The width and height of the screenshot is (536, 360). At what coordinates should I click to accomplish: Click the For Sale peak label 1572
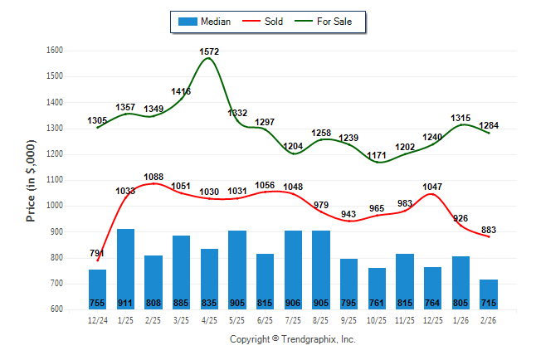point(210,52)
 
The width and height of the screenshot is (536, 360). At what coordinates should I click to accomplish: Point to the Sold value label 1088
point(153,177)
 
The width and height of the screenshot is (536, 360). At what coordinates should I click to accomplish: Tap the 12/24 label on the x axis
point(97,319)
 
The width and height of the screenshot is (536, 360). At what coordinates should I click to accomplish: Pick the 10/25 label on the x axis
point(377,319)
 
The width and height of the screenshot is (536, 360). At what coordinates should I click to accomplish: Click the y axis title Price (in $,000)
point(32,179)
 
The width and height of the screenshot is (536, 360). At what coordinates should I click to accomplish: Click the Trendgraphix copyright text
point(292,340)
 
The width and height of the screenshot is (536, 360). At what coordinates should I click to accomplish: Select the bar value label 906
point(293,303)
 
